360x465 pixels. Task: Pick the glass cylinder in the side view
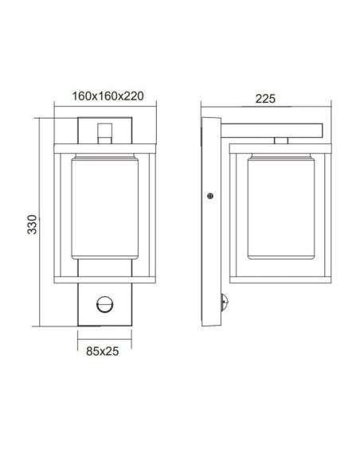[x=273, y=209]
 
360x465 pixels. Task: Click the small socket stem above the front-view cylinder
[x=104, y=131]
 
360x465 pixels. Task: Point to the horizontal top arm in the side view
[x=271, y=127]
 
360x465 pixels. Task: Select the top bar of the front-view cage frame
[x=104, y=147]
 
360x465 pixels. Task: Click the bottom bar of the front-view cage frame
[x=104, y=277]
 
